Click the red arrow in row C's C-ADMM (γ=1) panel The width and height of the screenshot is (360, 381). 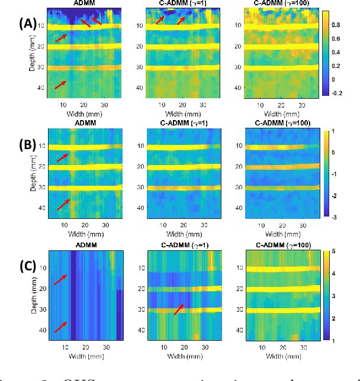click(x=178, y=309)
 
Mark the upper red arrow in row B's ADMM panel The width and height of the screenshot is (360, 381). click(x=62, y=157)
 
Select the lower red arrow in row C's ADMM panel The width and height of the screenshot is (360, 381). click(x=62, y=327)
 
